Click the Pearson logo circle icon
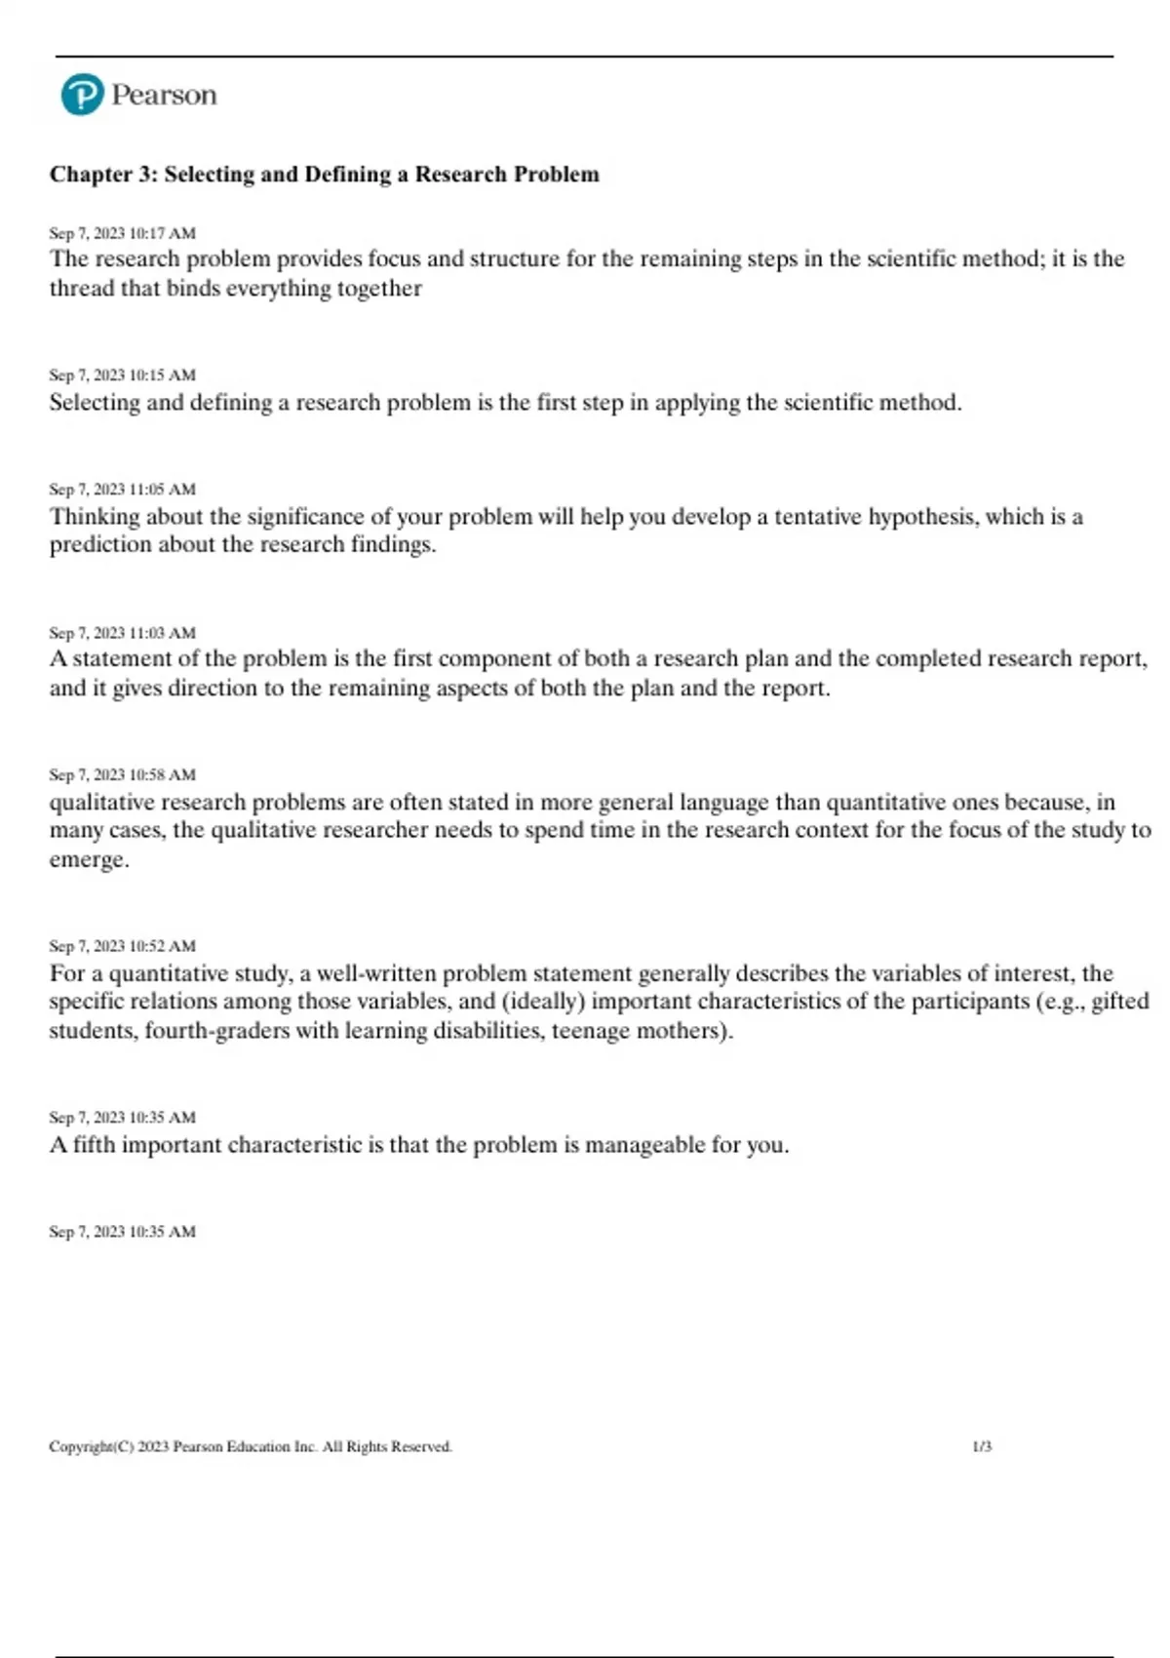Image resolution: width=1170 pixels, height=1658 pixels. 82,95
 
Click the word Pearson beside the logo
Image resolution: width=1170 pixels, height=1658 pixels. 164,95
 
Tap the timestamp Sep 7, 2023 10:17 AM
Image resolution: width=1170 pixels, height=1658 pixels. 122,233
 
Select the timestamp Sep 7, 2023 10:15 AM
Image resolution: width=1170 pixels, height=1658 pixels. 122,375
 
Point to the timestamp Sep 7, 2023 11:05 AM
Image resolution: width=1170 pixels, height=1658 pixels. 122,490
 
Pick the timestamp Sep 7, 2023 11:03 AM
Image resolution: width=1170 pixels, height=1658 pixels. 122,633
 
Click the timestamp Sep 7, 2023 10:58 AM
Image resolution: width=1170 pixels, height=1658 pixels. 122,775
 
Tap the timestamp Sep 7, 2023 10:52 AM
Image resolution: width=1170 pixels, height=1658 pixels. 122,946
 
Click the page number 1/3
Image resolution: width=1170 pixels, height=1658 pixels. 982,1446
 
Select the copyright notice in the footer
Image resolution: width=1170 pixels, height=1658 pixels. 251,1446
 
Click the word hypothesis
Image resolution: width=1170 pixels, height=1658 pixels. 922,517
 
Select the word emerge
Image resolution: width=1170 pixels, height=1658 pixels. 88,860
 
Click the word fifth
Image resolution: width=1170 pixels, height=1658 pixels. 94,1145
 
